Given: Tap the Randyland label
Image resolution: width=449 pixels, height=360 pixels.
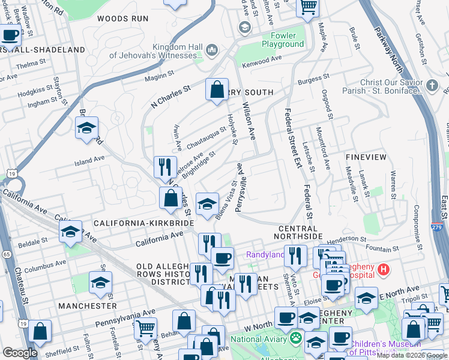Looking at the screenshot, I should [x=264, y=255].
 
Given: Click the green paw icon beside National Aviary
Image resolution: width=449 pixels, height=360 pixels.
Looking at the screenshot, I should [x=295, y=339].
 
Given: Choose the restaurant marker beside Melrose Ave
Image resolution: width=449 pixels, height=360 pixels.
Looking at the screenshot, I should [x=164, y=167].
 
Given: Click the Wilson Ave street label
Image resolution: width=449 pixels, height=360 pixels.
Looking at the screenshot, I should [x=249, y=121].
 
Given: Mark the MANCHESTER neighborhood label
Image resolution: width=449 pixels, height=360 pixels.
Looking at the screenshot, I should [x=88, y=306].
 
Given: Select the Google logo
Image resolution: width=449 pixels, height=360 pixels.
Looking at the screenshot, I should [x=20, y=353].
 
